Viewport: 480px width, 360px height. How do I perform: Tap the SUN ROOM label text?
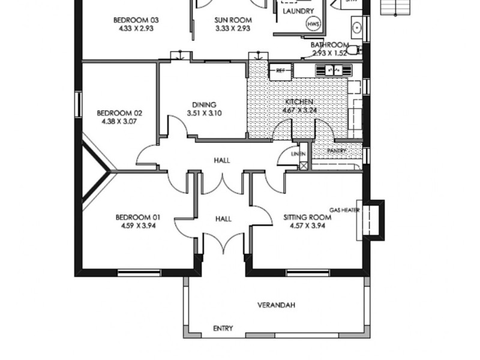233,20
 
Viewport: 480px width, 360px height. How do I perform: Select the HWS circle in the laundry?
313,24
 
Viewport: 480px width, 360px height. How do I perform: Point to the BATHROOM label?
329,45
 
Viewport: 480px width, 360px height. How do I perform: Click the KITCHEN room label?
299,102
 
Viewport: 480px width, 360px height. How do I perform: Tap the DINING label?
204,104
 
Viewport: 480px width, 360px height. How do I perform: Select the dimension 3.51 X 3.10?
204,113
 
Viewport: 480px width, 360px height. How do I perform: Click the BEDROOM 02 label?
119,113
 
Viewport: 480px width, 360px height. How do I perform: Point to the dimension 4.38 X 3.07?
119,121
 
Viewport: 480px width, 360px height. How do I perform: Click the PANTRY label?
337,151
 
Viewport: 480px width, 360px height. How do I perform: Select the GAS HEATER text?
344,210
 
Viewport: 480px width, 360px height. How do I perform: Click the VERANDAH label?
276,305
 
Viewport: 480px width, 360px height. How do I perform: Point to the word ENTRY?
223,328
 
